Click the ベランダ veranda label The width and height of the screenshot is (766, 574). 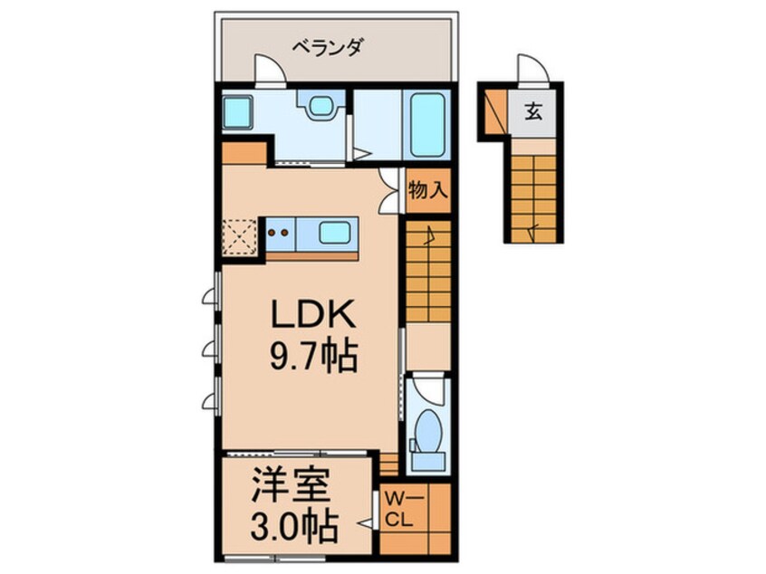click(x=330, y=47)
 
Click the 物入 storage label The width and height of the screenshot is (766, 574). click(x=427, y=191)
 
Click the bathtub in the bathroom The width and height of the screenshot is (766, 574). click(x=427, y=123)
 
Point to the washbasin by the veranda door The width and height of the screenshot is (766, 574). click(x=321, y=108)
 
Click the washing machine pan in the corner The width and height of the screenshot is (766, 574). click(x=238, y=113)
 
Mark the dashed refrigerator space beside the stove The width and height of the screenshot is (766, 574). click(x=240, y=236)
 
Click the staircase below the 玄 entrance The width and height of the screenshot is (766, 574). click(x=532, y=196)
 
